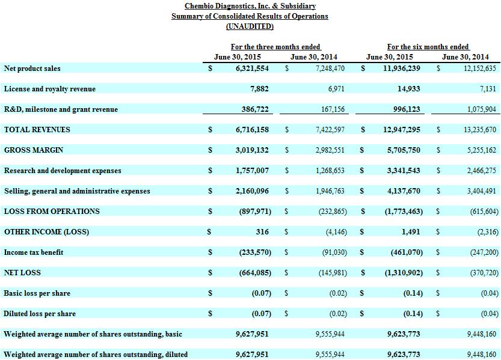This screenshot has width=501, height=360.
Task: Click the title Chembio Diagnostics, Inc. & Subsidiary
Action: [250, 6]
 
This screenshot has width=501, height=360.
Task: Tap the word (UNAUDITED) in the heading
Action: [250, 26]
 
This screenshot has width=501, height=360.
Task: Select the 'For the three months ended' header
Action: [275, 47]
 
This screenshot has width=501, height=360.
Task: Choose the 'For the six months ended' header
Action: [428, 47]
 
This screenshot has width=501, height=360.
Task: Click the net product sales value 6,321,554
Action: [252, 68]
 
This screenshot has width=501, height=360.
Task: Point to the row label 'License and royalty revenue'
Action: [49, 89]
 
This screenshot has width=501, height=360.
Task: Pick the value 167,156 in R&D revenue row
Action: [333, 109]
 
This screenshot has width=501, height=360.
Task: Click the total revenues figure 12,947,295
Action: [401, 130]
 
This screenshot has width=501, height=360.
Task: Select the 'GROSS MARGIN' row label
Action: [34, 150]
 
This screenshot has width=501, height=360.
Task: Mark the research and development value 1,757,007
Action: [252, 171]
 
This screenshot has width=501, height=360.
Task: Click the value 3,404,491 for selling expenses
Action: [482, 191]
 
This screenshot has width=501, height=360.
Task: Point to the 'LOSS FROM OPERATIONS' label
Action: [52, 212]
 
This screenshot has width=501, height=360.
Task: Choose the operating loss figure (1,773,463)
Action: [404, 212]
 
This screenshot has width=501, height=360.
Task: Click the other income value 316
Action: [262, 232]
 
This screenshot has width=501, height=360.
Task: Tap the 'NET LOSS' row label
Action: [22, 272]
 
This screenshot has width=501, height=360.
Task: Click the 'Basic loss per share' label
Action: [37, 293]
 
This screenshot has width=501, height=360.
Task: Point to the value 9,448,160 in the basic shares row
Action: [482, 334]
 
